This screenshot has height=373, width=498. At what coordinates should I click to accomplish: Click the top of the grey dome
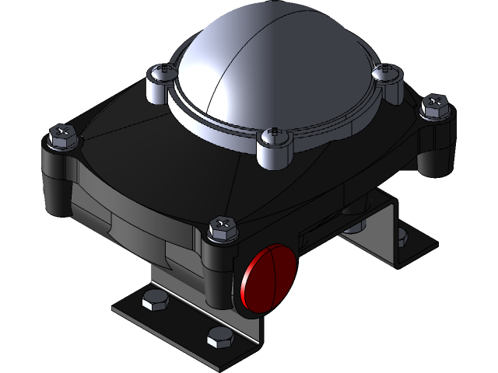pos(257,47)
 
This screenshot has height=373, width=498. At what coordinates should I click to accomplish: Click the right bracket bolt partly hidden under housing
pos(356,227)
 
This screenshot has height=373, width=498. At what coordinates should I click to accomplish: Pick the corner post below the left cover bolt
pos(58,183)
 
